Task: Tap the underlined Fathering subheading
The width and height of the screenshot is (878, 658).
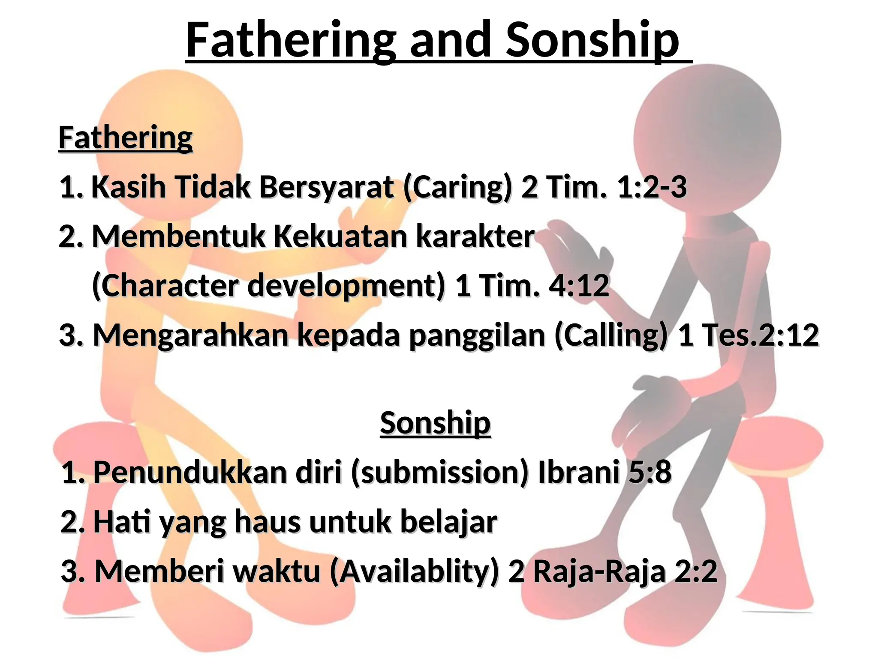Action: (125, 138)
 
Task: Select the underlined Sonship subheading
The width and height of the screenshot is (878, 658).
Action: (435, 423)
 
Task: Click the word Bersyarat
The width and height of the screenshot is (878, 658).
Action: (326, 187)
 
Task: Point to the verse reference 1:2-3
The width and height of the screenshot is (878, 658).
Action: (652, 187)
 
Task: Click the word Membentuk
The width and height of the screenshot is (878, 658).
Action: (179, 236)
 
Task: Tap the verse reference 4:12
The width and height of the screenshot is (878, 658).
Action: (579, 286)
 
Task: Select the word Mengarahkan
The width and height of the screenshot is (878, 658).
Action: (191, 335)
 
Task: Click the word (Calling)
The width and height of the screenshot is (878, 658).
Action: (611, 335)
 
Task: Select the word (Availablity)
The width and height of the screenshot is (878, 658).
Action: (415, 571)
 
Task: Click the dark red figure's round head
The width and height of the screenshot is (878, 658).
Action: (707, 137)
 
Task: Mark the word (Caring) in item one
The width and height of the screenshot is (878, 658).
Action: (457, 187)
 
